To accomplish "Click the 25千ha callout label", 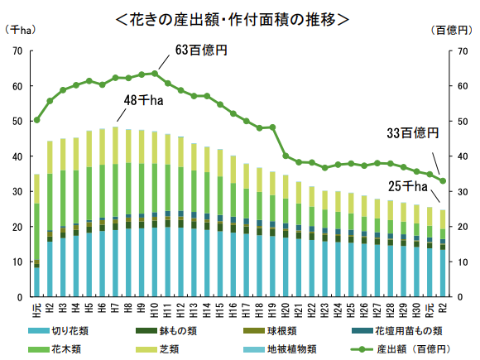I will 410,185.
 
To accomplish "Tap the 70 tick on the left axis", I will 17,51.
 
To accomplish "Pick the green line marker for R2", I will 443,180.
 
